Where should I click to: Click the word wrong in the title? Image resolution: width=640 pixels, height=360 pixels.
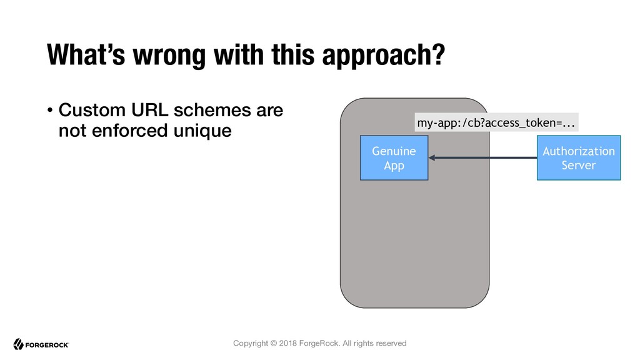(x=169, y=56)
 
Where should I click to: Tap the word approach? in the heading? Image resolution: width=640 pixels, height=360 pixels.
(x=383, y=56)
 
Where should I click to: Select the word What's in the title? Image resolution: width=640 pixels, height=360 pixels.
(x=86, y=54)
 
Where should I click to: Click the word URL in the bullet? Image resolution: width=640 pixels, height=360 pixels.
(x=150, y=110)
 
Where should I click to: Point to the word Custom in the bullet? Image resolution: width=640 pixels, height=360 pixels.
(x=92, y=110)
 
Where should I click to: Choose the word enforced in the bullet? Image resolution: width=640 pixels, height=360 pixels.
(x=130, y=131)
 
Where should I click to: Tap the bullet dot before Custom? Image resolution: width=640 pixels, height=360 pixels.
(x=50, y=110)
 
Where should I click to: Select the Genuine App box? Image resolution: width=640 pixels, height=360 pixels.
(x=394, y=158)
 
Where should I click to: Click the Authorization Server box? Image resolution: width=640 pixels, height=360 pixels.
(x=578, y=158)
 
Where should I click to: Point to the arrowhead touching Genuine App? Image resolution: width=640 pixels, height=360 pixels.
(x=431, y=157)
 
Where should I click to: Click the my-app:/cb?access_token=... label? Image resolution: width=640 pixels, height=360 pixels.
(x=496, y=122)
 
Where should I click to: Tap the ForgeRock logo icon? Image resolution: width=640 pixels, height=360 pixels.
(x=18, y=344)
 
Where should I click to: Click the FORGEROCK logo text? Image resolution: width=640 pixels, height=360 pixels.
(x=47, y=345)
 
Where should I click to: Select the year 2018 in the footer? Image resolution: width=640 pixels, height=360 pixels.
(x=287, y=343)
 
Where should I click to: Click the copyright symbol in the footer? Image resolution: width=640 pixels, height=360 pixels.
(x=274, y=343)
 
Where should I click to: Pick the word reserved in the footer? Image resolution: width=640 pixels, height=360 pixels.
(x=391, y=343)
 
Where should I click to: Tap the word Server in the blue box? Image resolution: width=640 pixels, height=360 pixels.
(x=578, y=165)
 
